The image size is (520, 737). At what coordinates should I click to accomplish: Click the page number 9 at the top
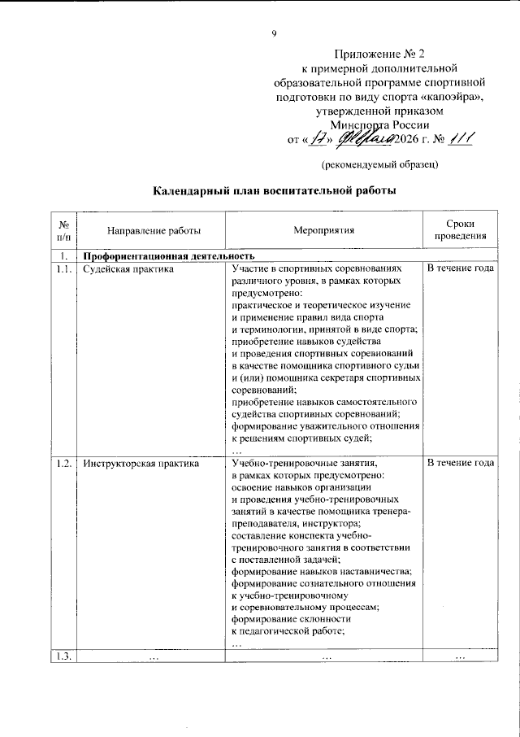click(275, 33)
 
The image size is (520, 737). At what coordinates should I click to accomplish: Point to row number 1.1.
click(63, 268)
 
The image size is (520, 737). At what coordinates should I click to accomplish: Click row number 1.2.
click(63, 464)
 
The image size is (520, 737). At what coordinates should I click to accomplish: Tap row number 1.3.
click(63, 656)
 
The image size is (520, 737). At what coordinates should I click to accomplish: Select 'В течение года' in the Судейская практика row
click(460, 268)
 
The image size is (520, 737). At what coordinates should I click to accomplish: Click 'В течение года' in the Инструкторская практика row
click(460, 464)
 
